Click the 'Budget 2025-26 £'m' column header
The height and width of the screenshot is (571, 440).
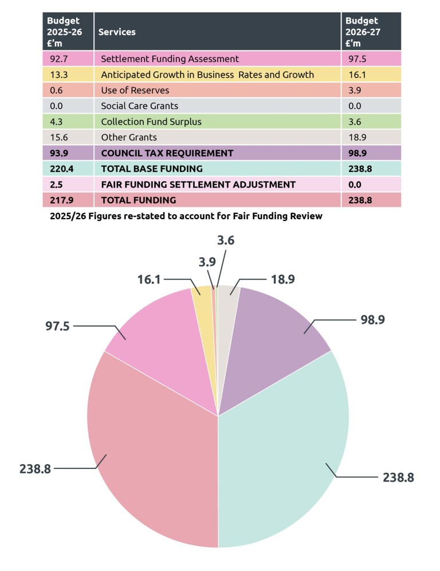64,32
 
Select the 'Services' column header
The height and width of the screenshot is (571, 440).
117,32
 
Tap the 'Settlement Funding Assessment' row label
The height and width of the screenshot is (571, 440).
170,59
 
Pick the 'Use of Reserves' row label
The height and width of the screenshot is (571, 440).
135,90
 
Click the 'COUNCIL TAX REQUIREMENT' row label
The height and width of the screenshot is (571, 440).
167,153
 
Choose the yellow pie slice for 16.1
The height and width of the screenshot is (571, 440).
202,291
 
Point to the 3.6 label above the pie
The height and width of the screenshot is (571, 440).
226,240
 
